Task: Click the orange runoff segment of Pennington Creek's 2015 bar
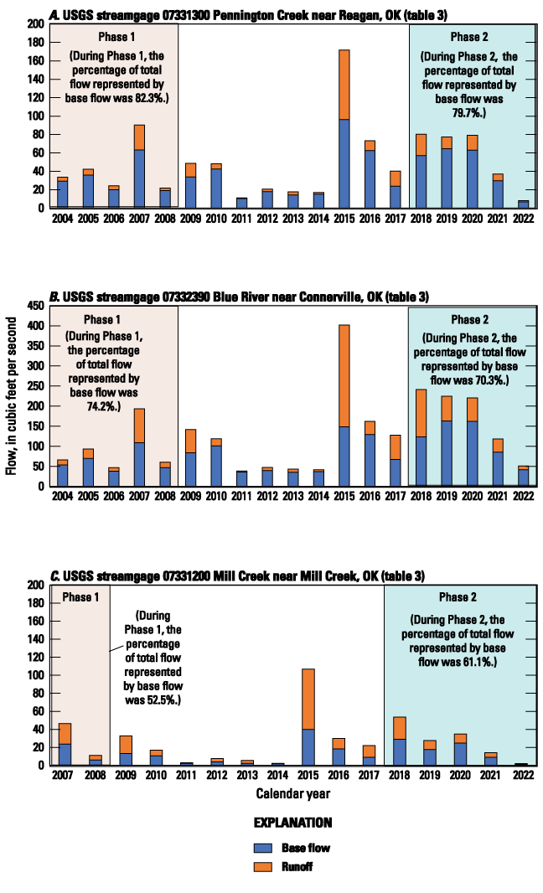click(x=344, y=85)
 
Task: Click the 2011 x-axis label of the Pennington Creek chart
click(x=241, y=219)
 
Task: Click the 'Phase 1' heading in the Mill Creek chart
click(x=80, y=597)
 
